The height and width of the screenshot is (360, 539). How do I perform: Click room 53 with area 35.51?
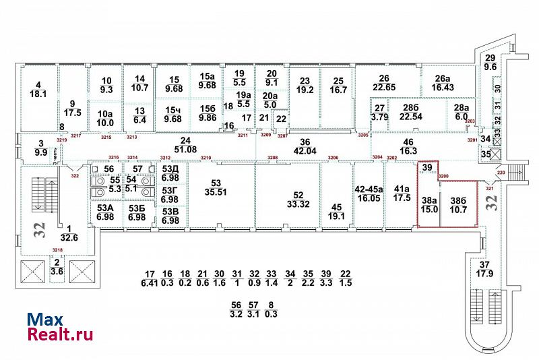point(216,187)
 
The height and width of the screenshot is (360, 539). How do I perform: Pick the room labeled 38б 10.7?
point(458,204)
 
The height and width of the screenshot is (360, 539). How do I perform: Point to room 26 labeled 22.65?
point(385,82)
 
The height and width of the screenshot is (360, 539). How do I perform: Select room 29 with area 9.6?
point(490,63)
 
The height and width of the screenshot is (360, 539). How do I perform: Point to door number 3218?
point(58,250)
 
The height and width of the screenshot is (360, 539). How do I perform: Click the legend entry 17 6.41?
point(150,278)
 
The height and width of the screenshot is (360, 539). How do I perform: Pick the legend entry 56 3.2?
point(235,309)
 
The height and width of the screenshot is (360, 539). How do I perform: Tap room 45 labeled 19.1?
point(336,212)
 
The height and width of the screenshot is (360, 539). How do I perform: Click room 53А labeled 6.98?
point(105,212)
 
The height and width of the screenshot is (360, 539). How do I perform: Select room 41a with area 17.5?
point(402,194)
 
